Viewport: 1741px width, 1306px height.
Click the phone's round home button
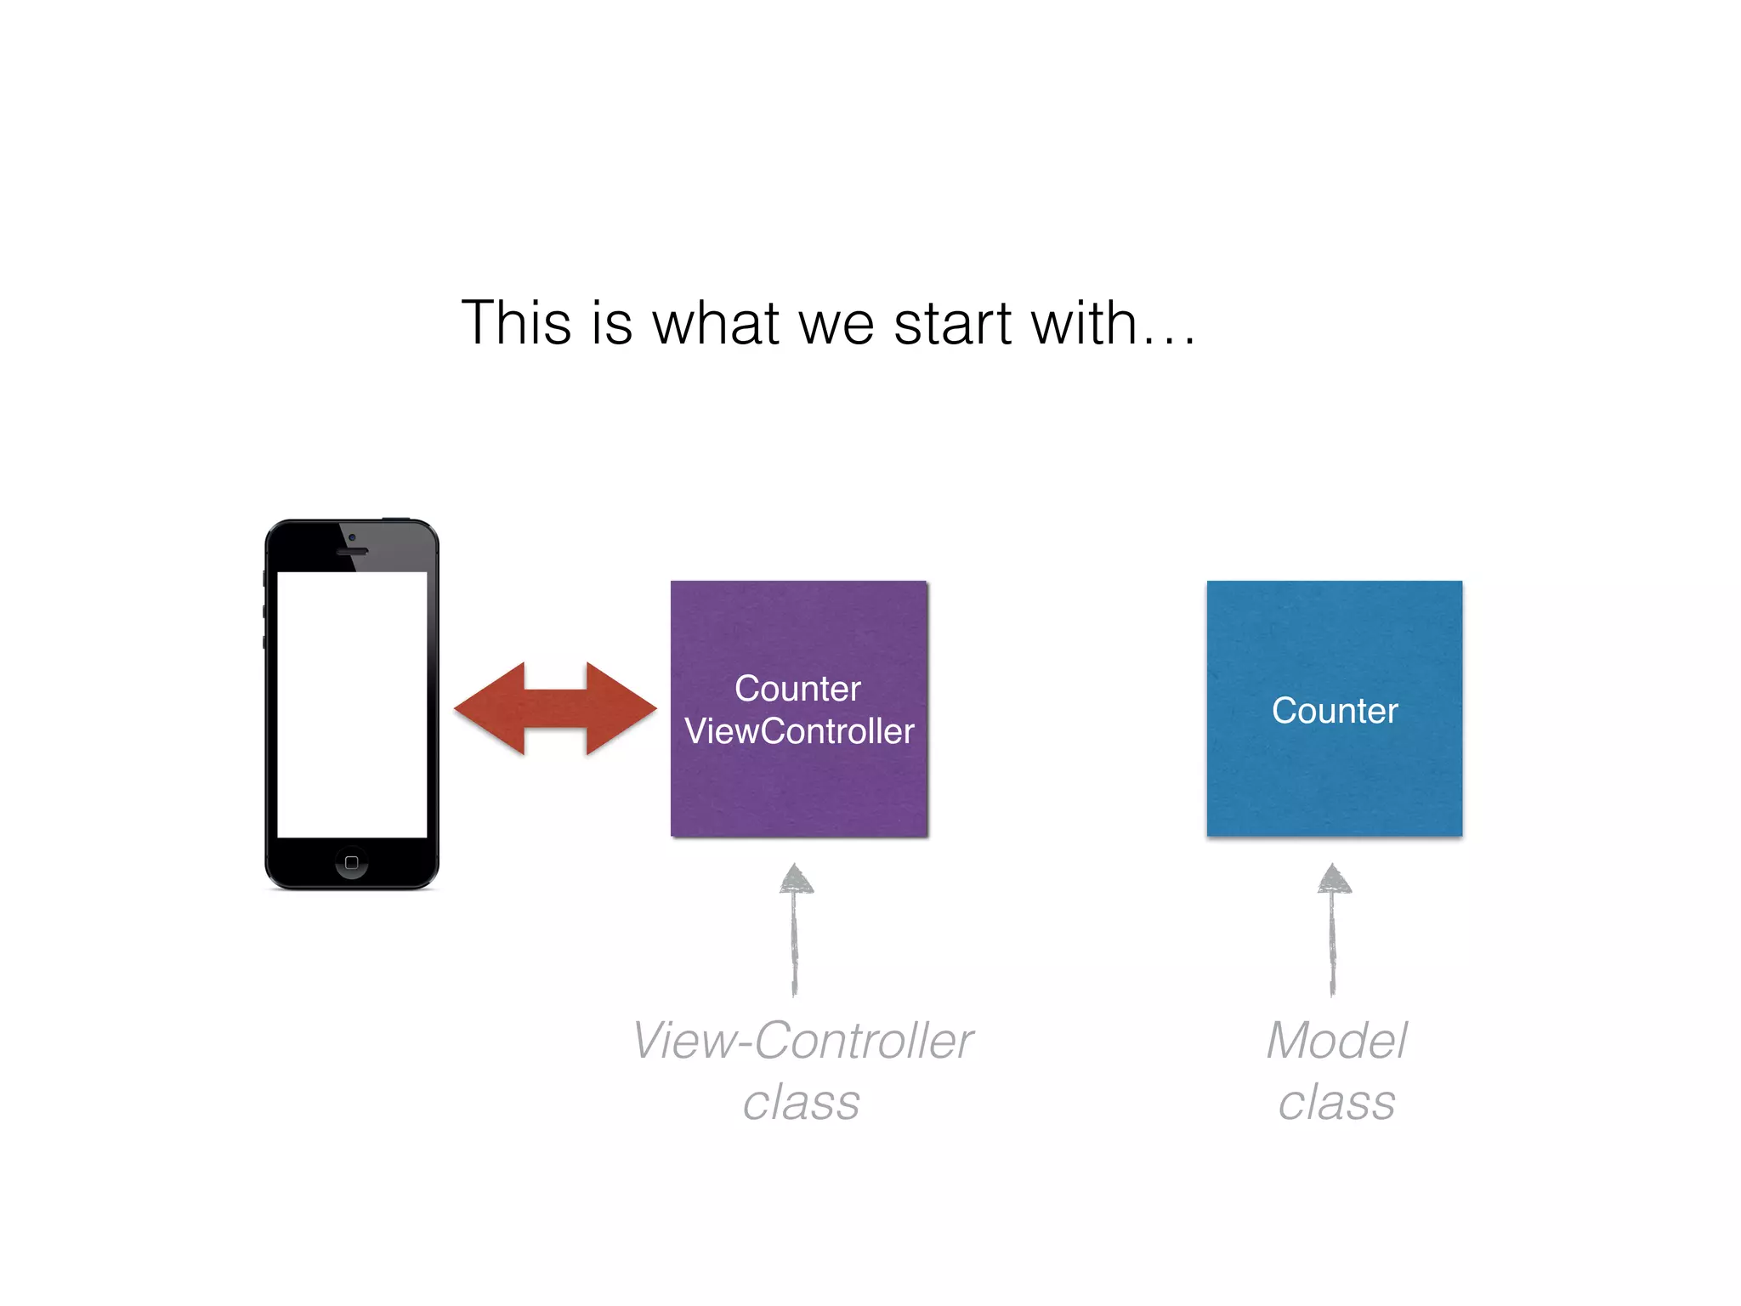[351, 862]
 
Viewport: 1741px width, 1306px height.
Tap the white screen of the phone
[352, 704]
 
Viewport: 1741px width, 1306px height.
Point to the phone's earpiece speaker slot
[352, 552]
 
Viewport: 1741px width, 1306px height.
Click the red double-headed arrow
[555, 708]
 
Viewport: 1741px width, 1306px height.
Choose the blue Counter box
[1334, 782]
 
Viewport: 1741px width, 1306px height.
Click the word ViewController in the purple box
[799, 731]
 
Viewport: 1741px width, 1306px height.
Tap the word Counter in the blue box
[1335, 711]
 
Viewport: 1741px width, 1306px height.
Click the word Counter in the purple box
[797, 689]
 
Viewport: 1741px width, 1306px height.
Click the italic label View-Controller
[802, 1041]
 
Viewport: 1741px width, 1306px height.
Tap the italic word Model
[1336, 1041]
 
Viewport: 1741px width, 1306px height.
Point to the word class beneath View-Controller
[801, 1104]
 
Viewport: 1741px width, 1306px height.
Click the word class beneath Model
[1336, 1104]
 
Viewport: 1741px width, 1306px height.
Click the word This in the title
[516, 323]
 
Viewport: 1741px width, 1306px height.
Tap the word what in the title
[715, 323]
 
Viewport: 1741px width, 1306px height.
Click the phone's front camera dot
[352, 537]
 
